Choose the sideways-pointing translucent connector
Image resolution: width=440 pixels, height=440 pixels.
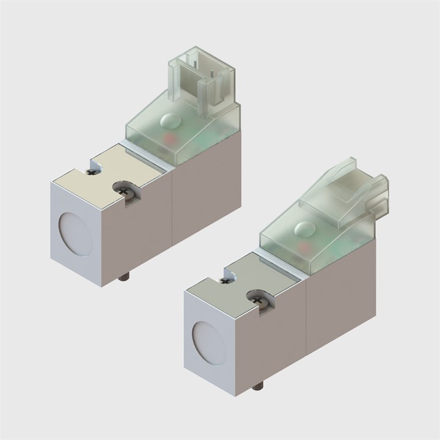pos(348,183)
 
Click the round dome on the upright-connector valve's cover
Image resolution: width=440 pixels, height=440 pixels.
pos(170,120)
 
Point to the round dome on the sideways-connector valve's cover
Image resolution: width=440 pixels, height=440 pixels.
pos(304,229)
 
